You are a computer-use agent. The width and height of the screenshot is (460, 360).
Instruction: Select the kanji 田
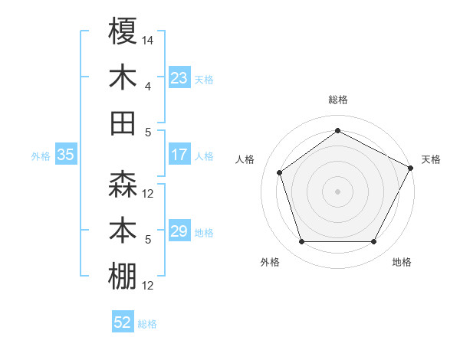[x=123, y=123]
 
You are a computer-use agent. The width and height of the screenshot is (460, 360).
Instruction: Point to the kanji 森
[x=123, y=185]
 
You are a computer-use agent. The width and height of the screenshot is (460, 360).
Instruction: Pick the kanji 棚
[x=123, y=277]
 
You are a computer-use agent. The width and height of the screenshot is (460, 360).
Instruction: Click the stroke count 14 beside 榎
[x=148, y=39]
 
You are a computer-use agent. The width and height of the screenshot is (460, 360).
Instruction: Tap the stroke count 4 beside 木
[x=148, y=86]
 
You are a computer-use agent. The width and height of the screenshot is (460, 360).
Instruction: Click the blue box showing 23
[x=179, y=78]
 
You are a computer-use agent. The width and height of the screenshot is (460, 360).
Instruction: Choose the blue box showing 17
[x=179, y=155]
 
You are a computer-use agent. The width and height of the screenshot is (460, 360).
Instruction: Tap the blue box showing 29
[x=179, y=232]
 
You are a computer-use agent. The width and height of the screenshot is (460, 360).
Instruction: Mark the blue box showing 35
[x=65, y=155]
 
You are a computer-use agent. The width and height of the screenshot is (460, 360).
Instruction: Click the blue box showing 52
[x=123, y=322]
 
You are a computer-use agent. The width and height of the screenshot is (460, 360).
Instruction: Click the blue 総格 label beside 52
[x=147, y=324]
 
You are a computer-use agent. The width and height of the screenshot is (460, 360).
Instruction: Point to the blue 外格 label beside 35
[x=41, y=156]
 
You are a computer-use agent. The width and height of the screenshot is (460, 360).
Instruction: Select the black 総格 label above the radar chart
[x=337, y=100]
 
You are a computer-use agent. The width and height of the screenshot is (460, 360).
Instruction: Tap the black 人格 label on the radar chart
[x=245, y=159]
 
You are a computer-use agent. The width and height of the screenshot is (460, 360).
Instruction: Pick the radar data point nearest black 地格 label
[x=374, y=242]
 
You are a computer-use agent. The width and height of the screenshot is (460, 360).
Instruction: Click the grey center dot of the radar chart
[x=337, y=191]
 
